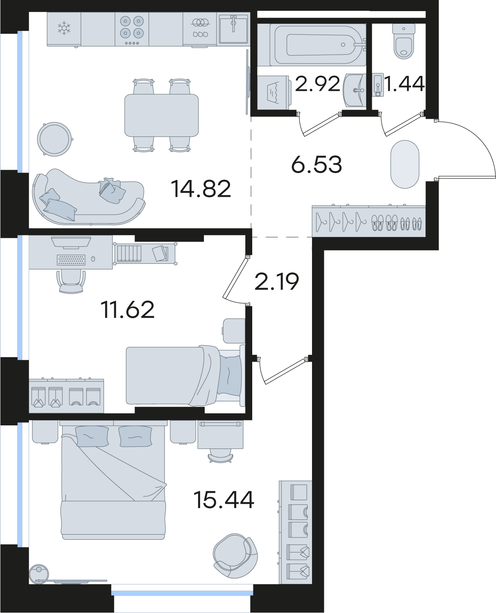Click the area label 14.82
coord(201,189)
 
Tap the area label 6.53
coord(316,165)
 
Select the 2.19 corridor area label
coord(276,282)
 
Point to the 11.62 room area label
coord(128,310)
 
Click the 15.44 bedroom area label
coord(224,500)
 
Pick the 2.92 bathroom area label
coord(317,85)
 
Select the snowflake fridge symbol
coord(64,29)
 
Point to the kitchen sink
coord(233,28)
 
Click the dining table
coord(161,115)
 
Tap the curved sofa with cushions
coord(89,198)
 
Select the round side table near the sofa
coord(54,139)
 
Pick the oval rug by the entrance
coord(404,165)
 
